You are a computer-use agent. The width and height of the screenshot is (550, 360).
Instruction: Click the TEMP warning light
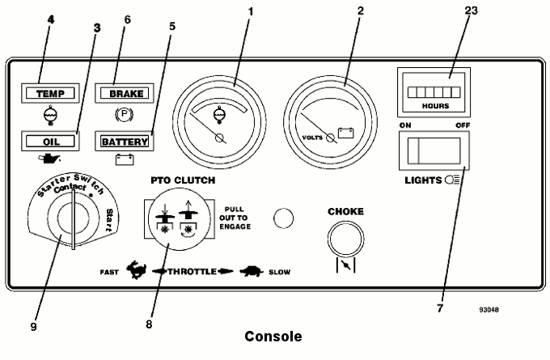[x=50, y=93]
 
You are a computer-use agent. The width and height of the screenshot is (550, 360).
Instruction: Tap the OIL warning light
[x=50, y=142]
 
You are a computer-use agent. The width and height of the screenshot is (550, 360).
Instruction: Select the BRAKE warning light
[x=125, y=93]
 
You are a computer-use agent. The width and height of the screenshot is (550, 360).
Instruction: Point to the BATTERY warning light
[x=125, y=142]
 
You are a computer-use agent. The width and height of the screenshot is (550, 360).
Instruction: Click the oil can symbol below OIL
[x=49, y=159]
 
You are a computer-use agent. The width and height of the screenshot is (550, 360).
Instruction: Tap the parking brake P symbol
[x=125, y=114]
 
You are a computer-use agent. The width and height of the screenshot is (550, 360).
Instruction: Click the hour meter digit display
[x=434, y=92]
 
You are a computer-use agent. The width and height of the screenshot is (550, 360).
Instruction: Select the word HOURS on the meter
[x=435, y=106]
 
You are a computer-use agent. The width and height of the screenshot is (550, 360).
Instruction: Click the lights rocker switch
[x=434, y=151]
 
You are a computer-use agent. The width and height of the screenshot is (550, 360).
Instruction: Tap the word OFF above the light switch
[x=463, y=125]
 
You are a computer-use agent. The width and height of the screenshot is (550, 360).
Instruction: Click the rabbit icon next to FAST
[x=136, y=270]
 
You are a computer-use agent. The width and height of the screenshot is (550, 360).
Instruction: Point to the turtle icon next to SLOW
[x=252, y=271]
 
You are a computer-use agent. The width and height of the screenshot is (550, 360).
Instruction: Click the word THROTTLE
[x=192, y=272]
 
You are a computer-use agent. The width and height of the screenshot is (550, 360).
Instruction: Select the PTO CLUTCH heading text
[x=183, y=180]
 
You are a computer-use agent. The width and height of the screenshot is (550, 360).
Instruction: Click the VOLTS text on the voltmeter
[x=312, y=138]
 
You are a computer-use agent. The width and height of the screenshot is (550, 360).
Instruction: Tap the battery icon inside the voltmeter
[x=346, y=133]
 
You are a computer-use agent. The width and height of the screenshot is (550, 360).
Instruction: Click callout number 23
[x=471, y=11]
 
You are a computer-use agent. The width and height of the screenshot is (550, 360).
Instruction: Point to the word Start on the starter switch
[x=109, y=220]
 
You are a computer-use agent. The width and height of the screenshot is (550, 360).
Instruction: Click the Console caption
[x=273, y=337]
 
